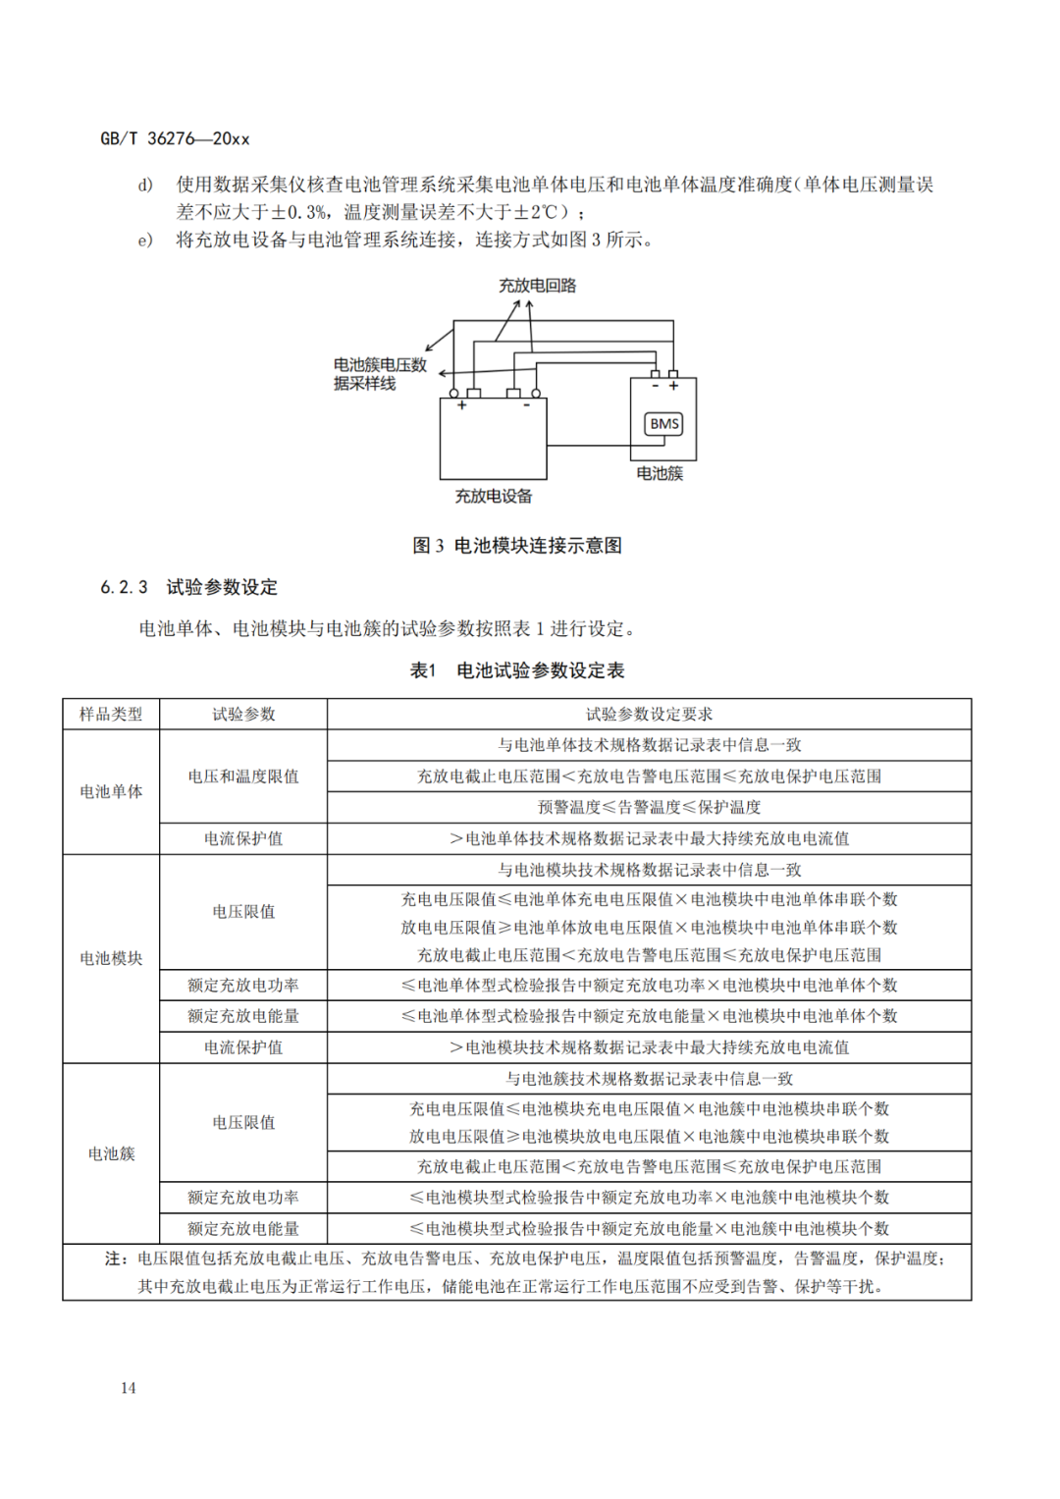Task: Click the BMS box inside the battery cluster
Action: point(663,424)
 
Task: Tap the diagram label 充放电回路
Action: point(537,286)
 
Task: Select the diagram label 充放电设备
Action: point(493,497)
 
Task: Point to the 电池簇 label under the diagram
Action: point(660,473)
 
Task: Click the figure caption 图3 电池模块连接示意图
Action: point(517,546)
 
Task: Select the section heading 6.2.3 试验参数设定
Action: point(189,587)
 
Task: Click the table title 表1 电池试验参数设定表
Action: point(517,670)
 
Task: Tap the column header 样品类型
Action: point(111,714)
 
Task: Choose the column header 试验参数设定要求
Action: point(649,714)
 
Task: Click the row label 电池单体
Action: point(111,791)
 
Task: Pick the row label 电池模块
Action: point(111,958)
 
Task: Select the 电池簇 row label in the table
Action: point(111,1153)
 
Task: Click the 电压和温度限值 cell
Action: point(243,776)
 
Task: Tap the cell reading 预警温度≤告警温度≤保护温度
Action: point(649,807)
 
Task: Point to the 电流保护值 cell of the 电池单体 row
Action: point(243,838)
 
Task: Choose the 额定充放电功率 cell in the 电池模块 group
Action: point(243,986)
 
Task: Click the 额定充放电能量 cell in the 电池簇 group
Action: point(243,1228)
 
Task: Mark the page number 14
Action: point(129,1387)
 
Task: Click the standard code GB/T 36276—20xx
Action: point(175,138)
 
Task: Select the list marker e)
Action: point(145,240)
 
